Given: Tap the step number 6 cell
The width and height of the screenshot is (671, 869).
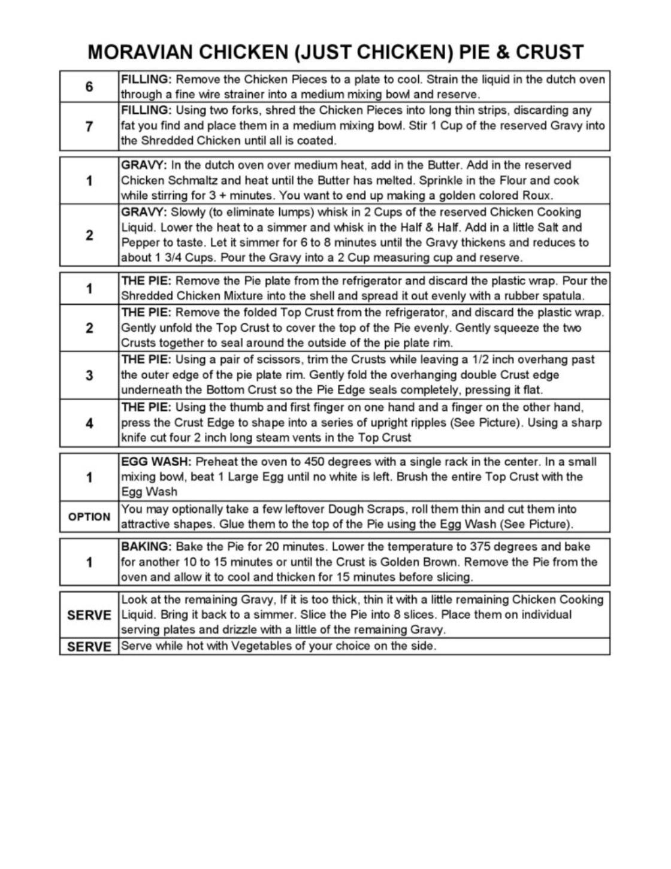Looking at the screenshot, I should coord(89,87).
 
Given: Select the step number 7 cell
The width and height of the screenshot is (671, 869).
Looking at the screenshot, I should coord(89,126).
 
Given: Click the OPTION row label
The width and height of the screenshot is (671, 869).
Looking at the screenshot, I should coord(89,517).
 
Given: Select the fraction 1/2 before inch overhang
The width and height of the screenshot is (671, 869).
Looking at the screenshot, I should coord(479,359).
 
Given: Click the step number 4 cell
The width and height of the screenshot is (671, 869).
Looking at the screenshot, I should coord(89,423).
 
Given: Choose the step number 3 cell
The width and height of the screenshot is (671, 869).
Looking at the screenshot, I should coord(89,375).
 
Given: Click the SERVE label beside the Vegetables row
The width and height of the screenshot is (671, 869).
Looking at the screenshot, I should coord(89,647).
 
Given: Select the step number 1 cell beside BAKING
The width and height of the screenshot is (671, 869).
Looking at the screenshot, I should coord(89,562).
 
